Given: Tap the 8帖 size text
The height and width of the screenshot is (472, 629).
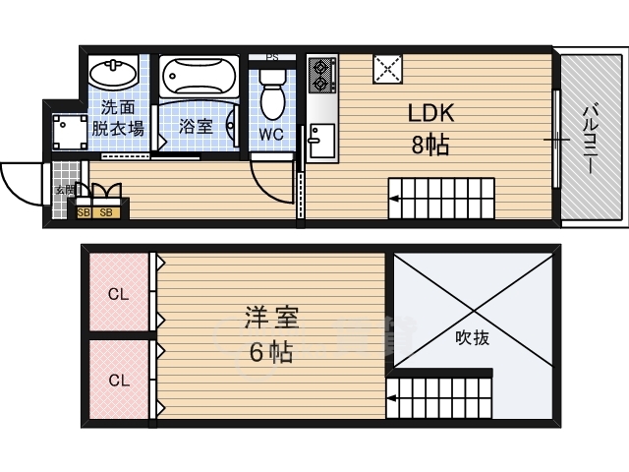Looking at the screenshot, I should [430, 146].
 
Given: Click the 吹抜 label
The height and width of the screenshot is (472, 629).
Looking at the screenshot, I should [472, 337].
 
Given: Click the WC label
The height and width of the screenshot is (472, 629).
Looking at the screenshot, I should [272, 133].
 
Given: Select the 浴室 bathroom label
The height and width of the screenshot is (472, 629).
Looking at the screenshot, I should [196, 126].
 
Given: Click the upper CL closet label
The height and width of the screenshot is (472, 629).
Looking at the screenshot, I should [118, 293].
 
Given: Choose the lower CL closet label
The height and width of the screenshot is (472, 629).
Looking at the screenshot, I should [118, 380].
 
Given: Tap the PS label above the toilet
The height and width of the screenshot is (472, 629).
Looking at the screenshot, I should [272, 57].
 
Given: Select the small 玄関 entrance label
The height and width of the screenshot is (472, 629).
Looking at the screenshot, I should [63, 190].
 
